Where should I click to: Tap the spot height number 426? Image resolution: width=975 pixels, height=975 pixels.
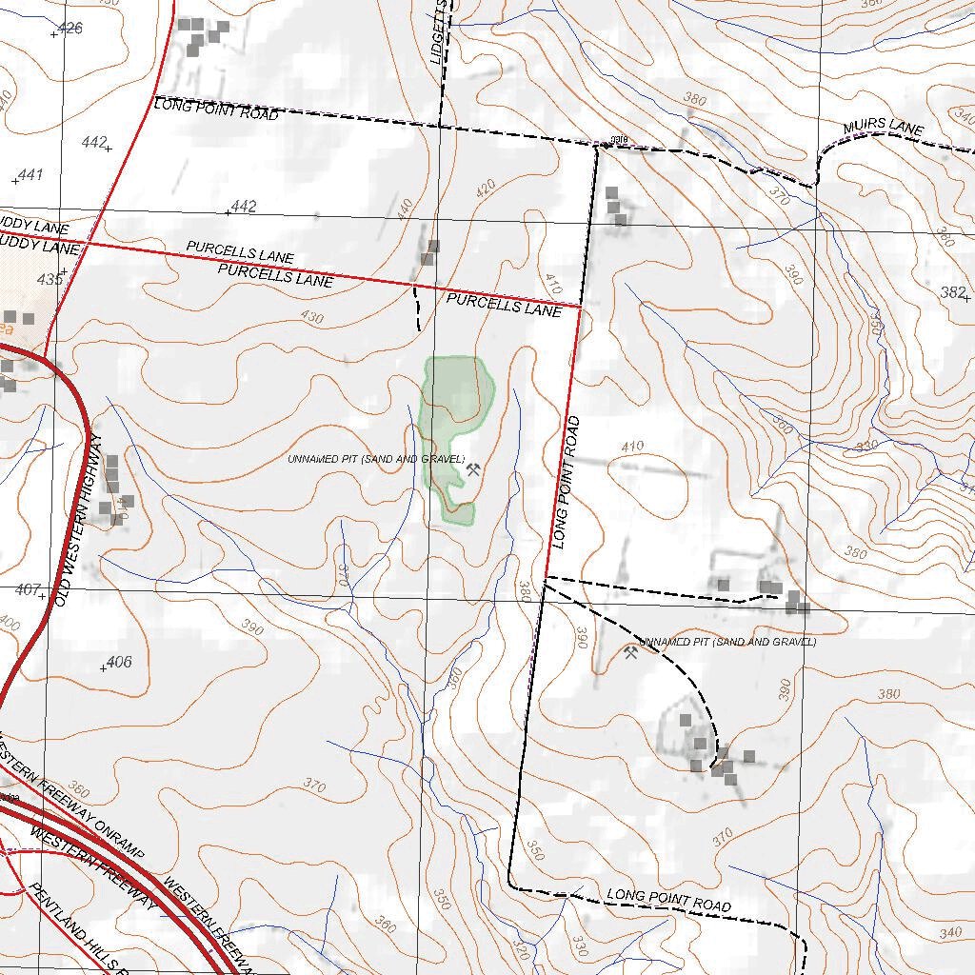tap(70, 28)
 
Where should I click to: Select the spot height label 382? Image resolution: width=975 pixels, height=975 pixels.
tap(952, 292)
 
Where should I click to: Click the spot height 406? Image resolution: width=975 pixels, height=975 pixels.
tap(119, 662)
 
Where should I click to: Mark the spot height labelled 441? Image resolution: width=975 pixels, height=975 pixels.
tap(30, 175)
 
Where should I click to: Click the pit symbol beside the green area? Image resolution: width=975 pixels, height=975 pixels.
tap(473, 468)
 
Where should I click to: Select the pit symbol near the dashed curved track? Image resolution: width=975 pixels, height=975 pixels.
tap(630, 653)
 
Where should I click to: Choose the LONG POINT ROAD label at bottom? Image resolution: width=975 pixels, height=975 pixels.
tap(669, 900)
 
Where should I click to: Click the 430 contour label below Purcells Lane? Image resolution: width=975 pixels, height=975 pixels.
tap(311, 317)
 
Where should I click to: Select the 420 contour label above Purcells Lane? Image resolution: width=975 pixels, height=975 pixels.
tap(486, 189)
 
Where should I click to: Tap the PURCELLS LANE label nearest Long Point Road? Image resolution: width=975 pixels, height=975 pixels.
tap(504, 306)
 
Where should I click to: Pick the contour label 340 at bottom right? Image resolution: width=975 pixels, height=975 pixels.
tap(950, 932)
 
